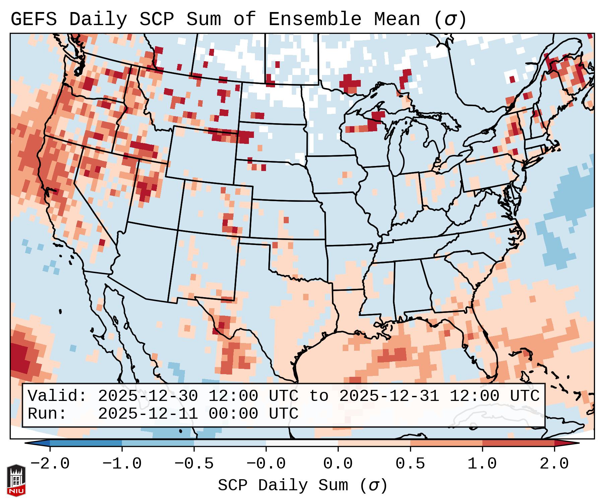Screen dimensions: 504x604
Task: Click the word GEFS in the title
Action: tap(33, 19)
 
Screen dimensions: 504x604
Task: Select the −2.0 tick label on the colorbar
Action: tap(50, 464)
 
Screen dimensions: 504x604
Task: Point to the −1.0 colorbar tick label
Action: tap(122, 464)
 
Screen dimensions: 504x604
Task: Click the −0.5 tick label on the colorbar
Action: tap(194, 464)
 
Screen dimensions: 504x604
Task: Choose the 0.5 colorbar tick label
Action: tap(410, 464)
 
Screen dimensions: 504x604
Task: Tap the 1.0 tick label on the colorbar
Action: tap(482, 464)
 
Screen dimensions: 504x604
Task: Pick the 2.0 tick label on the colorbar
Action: tap(554, 464)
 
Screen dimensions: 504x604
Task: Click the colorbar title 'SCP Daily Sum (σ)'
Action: tap(303, 485)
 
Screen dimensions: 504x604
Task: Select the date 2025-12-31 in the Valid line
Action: tap(389, 396)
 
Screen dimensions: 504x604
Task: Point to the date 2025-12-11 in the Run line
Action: tap(148, 414)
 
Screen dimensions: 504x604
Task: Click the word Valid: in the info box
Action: tap(57, 396)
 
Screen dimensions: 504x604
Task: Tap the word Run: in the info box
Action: tap(47, 414)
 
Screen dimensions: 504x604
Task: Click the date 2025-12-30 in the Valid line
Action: tap(148, 396)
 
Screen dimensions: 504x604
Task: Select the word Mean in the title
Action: tap(397, 19)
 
